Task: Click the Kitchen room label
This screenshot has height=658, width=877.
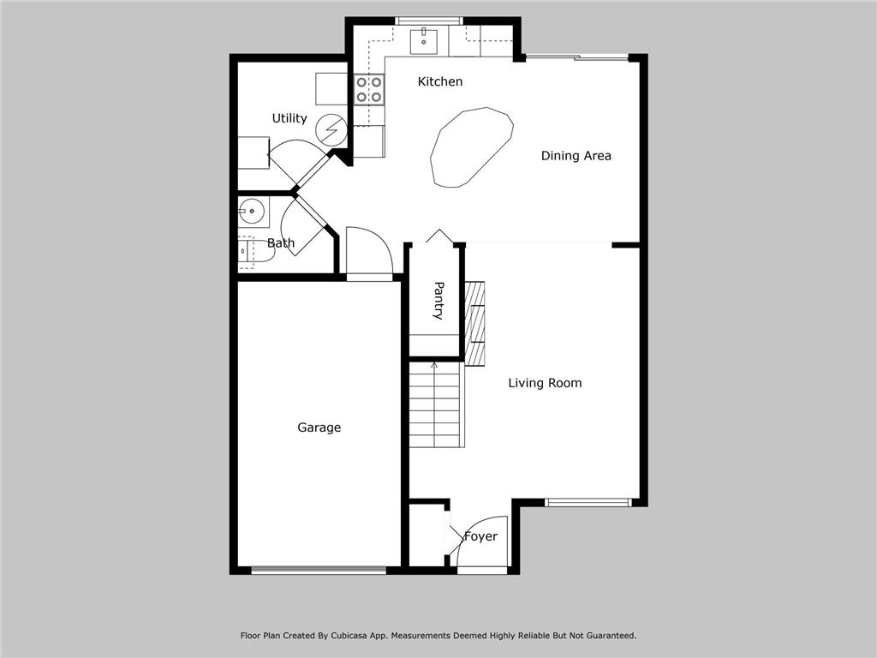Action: click(439, 81)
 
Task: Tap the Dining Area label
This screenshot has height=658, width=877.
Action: click(576, 156)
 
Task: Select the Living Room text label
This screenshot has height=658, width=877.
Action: click(545, 383)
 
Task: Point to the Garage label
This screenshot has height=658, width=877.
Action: click(319, 428)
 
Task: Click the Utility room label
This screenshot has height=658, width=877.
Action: click(289, 118)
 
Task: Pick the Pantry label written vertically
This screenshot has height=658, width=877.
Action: click(438, 300)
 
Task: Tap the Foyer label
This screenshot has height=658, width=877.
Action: click(480, 536)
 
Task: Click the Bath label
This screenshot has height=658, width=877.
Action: click(280, 243)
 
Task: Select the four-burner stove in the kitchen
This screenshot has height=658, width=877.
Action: click(369, 90)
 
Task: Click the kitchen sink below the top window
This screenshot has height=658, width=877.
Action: click(424, 39)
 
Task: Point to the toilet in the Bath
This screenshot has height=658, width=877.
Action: click(245, 252)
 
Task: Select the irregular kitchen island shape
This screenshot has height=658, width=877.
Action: click(471, 147)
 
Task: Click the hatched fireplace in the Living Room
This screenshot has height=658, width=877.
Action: click(474, 321)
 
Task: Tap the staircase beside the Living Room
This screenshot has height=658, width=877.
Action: click(436, 404)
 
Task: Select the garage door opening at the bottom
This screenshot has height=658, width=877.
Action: click(319, 570)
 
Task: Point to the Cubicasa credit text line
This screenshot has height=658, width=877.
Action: click(438, 636)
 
